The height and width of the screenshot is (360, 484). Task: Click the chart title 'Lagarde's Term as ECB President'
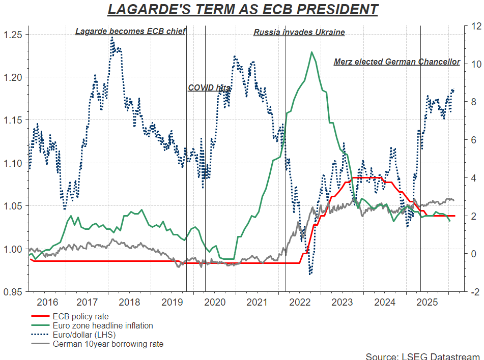pos(242,10)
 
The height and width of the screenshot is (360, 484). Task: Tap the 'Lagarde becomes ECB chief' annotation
pos(130,32)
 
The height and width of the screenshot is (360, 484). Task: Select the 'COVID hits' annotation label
pos(209,88)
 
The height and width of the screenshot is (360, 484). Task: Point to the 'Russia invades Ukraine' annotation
pos(299,33)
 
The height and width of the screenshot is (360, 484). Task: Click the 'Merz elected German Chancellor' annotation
pos(396,62)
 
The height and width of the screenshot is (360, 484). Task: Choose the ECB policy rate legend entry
pos(80,316)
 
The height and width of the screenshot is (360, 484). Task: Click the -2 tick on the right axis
pos(473,292)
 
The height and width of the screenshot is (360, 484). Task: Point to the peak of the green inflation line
pos(311,52)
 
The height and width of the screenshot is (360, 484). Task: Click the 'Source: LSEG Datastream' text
pos(422,355)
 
